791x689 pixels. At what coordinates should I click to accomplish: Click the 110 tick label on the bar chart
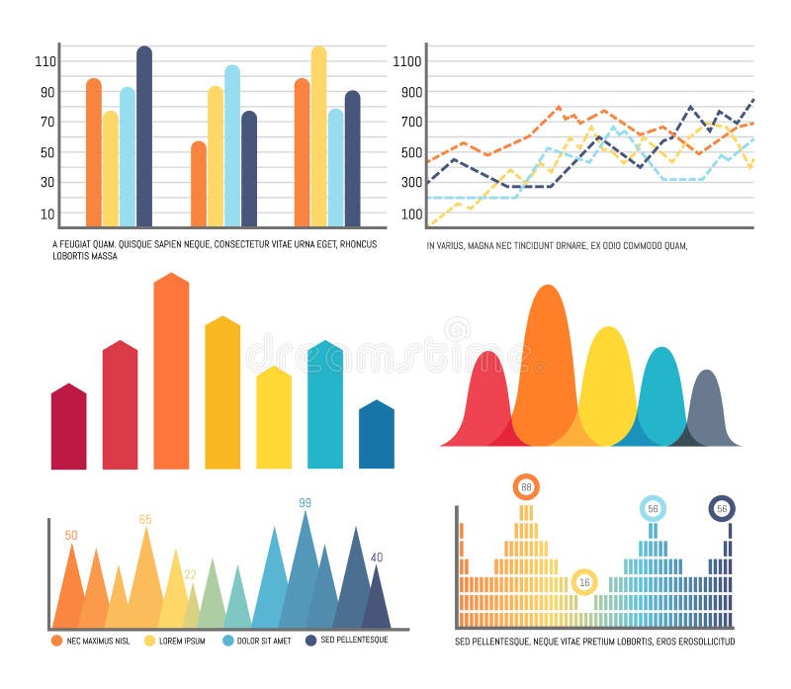click(45, 61)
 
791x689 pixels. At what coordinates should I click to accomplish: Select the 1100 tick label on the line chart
click(407, 61)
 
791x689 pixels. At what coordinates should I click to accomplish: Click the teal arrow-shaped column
click(325, 405)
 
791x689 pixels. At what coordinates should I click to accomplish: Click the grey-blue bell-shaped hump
click(705, 410)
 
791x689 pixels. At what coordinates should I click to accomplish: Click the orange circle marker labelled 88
click(526, 486)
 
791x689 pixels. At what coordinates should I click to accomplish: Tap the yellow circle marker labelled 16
click(584, 581)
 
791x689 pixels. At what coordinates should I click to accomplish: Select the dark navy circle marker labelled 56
click(722, 508)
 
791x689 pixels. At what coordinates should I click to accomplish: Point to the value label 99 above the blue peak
click(305, 503)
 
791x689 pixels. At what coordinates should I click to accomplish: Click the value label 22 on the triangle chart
click(190, 574)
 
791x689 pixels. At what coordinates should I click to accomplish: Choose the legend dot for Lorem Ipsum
click(150, 641)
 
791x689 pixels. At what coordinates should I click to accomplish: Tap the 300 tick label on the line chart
click(410, 183)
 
